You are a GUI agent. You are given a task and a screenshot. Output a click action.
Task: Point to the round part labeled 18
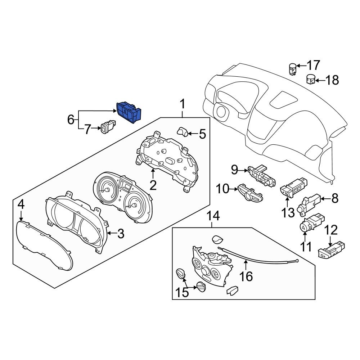[x=311, y=79]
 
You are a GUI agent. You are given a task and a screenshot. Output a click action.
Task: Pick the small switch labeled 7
[x=107, y=128]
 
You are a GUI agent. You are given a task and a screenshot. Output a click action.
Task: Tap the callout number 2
[x=153, y=185]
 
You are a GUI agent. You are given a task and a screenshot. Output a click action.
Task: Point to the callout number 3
[x=120, y=234]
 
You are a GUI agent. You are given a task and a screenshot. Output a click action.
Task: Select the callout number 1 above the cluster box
[x=183, y=105]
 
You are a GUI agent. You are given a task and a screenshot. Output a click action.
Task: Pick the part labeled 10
[x=249, y=194]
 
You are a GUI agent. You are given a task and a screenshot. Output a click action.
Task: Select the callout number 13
[x=288, y=212]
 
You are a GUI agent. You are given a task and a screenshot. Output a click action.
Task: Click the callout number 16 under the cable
[x=247, y=276]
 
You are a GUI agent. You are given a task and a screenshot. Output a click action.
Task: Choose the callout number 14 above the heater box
[x=213, y=216]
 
